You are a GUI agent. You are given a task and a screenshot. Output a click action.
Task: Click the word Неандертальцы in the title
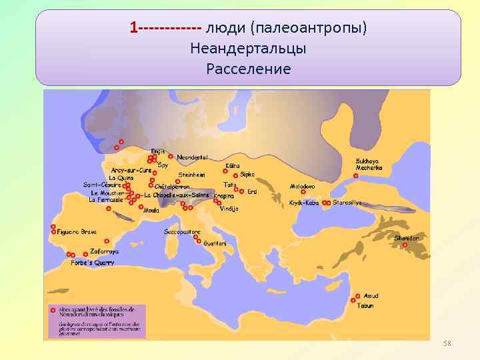(x=248, y=49)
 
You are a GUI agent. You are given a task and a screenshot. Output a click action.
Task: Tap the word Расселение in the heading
(x=248, y=69)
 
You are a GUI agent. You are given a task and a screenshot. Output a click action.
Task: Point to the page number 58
(x=447, y=343)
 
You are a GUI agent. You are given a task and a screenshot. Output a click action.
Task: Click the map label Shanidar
(x=407, y=238)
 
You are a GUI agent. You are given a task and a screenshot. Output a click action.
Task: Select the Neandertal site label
(x=193, y=157)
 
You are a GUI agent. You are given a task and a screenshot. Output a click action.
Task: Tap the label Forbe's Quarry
(x=93, y=263)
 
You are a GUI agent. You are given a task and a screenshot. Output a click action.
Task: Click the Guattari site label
(x=215, y=243)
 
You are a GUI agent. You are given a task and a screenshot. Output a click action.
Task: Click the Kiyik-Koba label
(x=303, y=203)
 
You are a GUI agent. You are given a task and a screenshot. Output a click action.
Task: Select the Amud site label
(x=371, y=295)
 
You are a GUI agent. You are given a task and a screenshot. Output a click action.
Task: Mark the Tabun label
(x=365, y=305)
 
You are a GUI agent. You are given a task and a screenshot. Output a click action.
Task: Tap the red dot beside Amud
(x=359, y=296)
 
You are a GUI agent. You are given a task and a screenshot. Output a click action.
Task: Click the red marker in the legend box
(x=52, y=310)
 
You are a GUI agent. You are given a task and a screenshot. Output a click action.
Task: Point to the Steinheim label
(x=191, y=175)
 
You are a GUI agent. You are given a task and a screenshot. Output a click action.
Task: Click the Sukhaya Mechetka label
(x=369, y=164)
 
